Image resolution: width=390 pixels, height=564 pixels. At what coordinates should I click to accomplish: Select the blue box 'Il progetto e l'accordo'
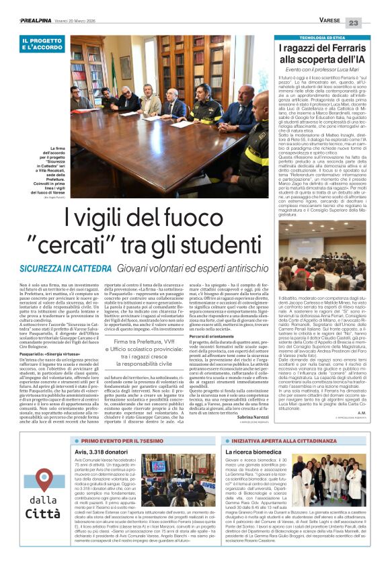click(x=44, y=44)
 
